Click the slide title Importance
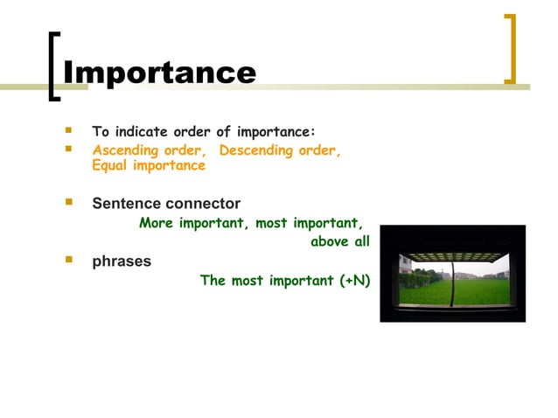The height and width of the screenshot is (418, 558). (x=160, y=72)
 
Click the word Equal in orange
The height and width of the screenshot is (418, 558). (x=111, y=165)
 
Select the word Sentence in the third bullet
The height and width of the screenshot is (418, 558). (x=126, y=204)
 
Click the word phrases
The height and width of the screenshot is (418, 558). (x=122, y=261)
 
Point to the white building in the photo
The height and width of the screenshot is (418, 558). (x=406, y=266)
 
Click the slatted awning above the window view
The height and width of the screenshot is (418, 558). (x=453, y=254)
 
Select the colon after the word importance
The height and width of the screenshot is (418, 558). (x=312, y=133)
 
